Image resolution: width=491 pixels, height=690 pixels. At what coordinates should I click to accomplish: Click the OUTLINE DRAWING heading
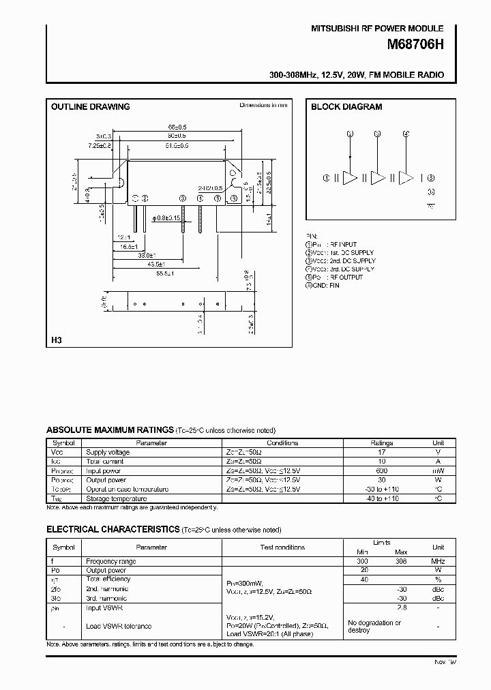click(91, 107)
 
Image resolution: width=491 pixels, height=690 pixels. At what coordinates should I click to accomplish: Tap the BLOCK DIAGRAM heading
click(346, 107)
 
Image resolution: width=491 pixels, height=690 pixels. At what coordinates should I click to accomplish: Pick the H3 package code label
click(57, 340)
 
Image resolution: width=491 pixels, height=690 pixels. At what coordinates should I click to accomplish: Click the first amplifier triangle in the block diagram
click(350, 178)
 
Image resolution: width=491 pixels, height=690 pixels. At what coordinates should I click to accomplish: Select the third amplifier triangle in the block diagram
click(406, 178)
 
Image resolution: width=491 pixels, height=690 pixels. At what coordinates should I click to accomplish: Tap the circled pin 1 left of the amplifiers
click(327, 178)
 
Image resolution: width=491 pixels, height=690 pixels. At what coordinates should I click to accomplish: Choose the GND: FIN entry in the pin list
click(324, 285)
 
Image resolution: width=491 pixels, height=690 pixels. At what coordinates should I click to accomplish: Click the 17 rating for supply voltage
click(382, 452)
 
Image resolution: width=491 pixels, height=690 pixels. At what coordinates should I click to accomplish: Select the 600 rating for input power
click(382, 470)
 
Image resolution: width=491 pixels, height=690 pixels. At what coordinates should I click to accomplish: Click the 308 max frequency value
click(401, 561)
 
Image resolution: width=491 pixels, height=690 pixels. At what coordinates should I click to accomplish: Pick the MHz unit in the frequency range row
click(438, 561)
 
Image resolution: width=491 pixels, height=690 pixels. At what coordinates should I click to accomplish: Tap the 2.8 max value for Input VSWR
click(401, 607)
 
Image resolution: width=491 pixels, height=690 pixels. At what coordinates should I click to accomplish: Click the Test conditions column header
click(282, 547)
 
